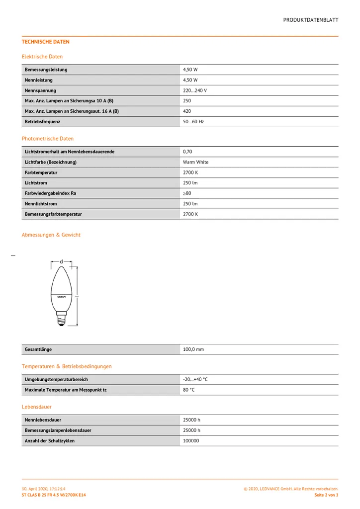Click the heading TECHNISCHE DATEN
click(46, 42)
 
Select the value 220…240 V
click(194, 90)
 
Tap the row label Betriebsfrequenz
click(42, 122)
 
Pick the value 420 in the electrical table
click(187, 111)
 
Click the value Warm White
click(195, 162)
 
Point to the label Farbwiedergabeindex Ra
click(50, 193)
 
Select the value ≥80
click(187, 193)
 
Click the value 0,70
click(187, 152)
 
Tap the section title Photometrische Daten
click(48, 139)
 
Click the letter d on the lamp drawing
click(61, 261)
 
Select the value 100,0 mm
click(193, 349)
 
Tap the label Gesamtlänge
click(38, 349)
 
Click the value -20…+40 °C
click(195, 379)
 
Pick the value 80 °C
click(188, 390)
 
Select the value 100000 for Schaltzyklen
click(191, 441)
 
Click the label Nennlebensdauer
click(43, 420)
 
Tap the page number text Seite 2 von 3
click(326, 495)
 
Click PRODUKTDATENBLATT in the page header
click(311, 20)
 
